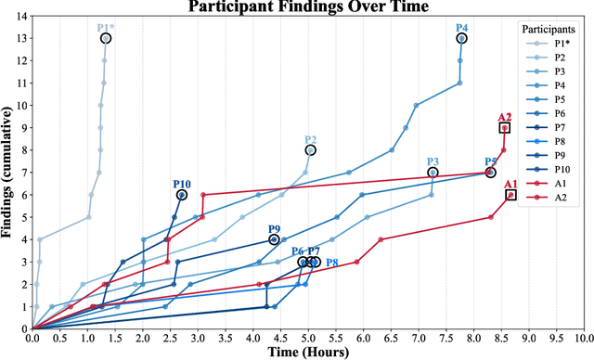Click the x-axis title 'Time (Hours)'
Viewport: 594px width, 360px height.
[309, 353]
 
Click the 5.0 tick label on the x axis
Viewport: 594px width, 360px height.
[308, 338]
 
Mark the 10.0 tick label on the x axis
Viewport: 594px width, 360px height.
[583, 338]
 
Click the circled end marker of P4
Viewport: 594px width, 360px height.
[461, 38]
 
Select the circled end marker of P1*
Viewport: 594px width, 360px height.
[106, 38]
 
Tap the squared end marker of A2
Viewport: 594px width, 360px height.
[504, 128]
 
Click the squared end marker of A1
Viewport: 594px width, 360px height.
[510, 195]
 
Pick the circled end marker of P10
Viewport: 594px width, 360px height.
[182, 195]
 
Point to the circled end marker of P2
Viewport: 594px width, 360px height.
[311, 149]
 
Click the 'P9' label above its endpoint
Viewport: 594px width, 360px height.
[274, 229]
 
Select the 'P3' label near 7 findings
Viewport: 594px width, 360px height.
[433, 162]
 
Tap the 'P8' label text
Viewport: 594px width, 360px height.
[331, 264]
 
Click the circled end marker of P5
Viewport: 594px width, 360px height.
[490, 173]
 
